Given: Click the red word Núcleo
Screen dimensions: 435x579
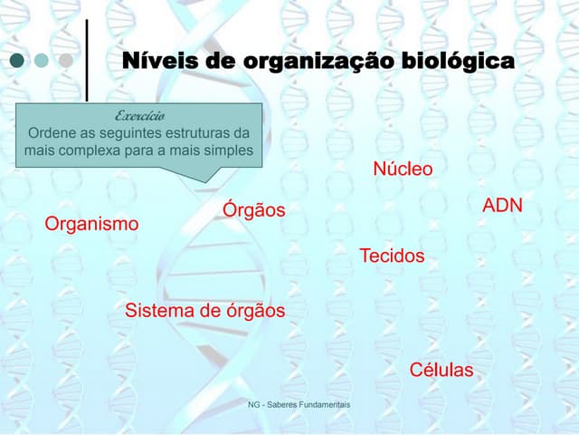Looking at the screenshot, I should point(403,169).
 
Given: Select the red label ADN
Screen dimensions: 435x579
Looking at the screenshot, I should point(502,206).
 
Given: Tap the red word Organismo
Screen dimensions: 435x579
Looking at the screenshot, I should point(91,224).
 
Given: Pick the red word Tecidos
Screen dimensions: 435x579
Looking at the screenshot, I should point(392,256).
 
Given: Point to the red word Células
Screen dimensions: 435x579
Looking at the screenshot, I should point(441,370).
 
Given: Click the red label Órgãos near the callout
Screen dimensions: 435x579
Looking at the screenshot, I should point(253,210).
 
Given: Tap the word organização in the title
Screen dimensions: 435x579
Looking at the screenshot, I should point(310,62).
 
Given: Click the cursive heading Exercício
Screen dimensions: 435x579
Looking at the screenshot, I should point(139,116).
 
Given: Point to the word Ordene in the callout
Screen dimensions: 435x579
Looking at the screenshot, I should point(53,133).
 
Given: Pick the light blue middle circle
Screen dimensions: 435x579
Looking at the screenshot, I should point(42,62).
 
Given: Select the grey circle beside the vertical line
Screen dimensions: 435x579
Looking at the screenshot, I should point(65,62).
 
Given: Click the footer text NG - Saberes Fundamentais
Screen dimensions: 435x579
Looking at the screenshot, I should point(299,404).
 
